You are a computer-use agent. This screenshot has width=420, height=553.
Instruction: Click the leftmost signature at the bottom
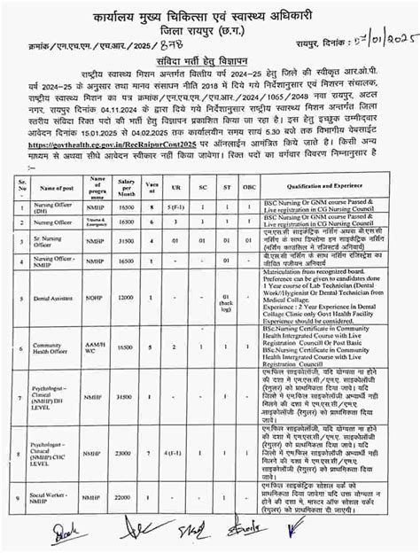tap(38, 535)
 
